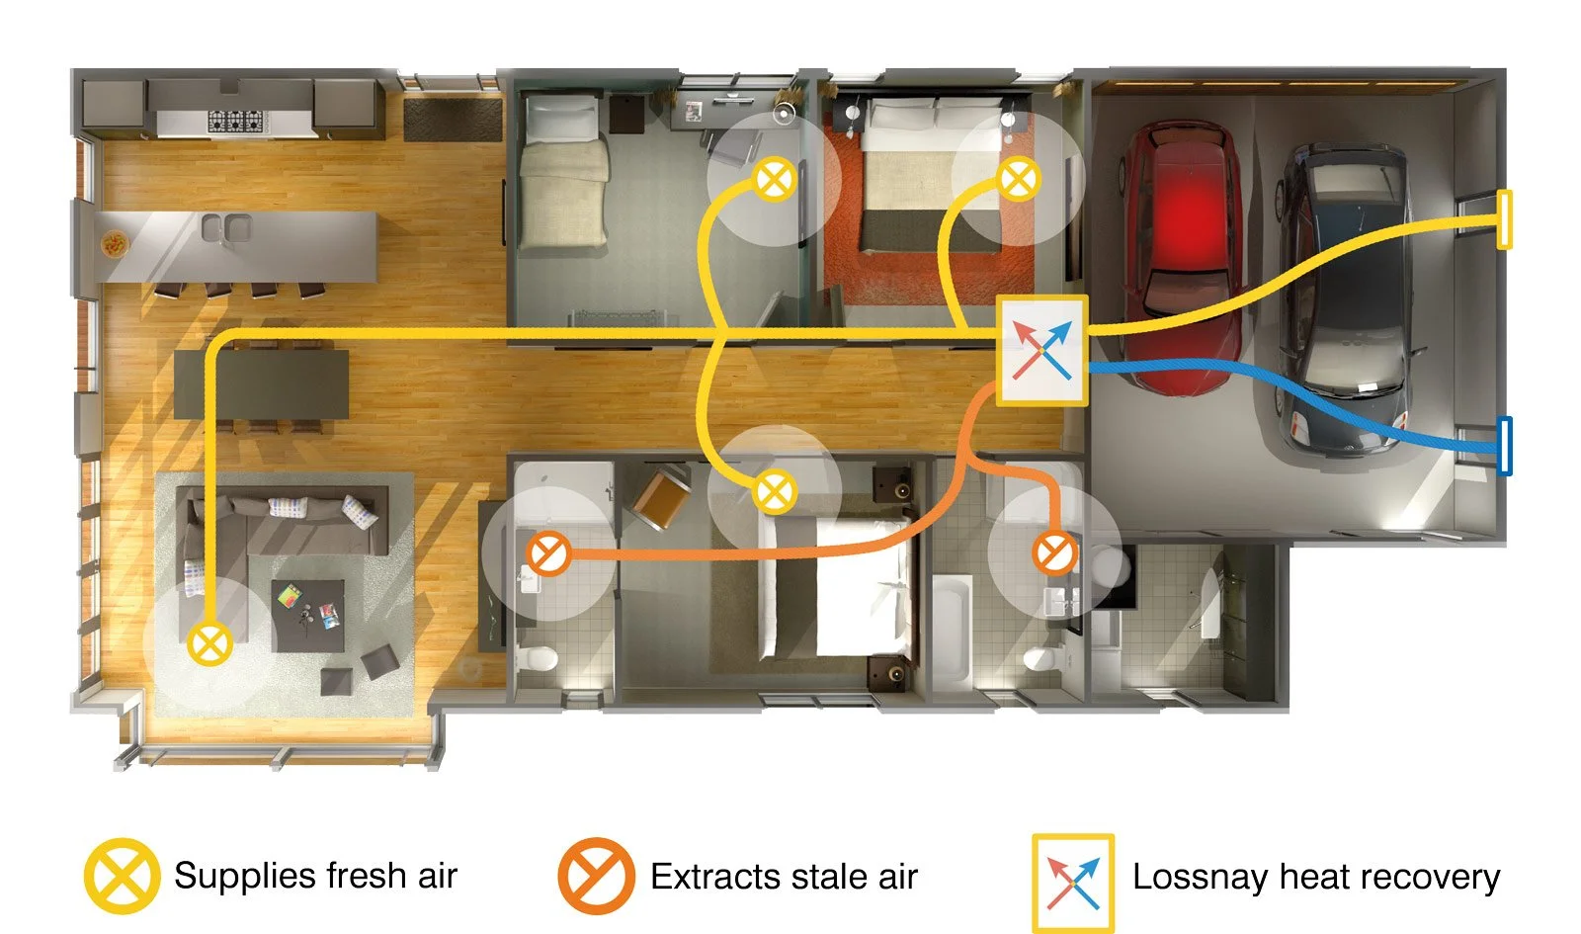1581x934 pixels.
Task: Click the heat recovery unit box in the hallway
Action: [x=1041, y=350]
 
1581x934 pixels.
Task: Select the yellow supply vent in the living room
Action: [x=209, y=643]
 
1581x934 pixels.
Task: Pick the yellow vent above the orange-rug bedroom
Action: [x=1019, y=179]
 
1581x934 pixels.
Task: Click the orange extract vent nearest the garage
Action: [x=1054, y=552]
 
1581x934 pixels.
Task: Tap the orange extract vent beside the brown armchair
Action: [x=548, y=553]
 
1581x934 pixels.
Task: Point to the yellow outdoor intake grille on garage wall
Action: [x=1504, y=218]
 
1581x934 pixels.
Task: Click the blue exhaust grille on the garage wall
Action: [x=1504, y=446]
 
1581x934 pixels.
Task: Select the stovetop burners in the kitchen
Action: [x=236, y=122]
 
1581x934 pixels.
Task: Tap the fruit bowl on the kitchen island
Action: [x=115, y=244]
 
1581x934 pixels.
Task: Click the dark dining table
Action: [x=261, y=384]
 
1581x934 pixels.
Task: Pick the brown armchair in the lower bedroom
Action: [x=662, y=498]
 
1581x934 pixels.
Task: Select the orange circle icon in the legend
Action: [x=596, y=876]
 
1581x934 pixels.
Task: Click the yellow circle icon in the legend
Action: [x=122, y=876]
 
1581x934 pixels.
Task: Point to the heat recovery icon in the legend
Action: [x=1073, y=884]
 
